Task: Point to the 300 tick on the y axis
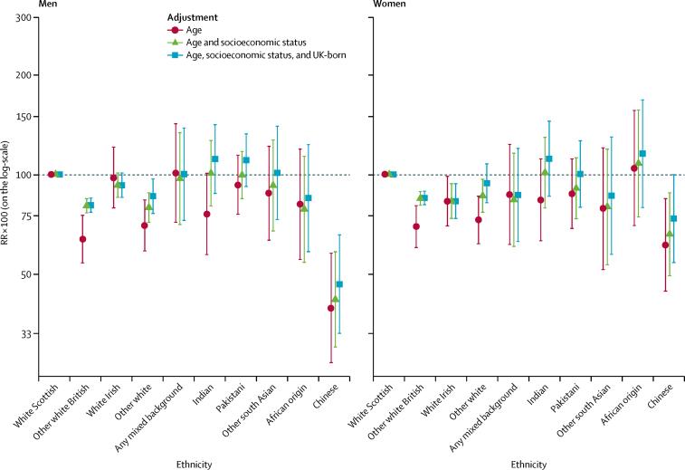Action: [x=27, y=19]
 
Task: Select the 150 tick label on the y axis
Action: [x=27, y=117]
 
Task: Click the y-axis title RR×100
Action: [x=8, y=225]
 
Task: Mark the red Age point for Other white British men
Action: [x=82, y=239]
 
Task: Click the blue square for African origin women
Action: [x=642, y=154]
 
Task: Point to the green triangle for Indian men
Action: [x=211, y=172]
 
